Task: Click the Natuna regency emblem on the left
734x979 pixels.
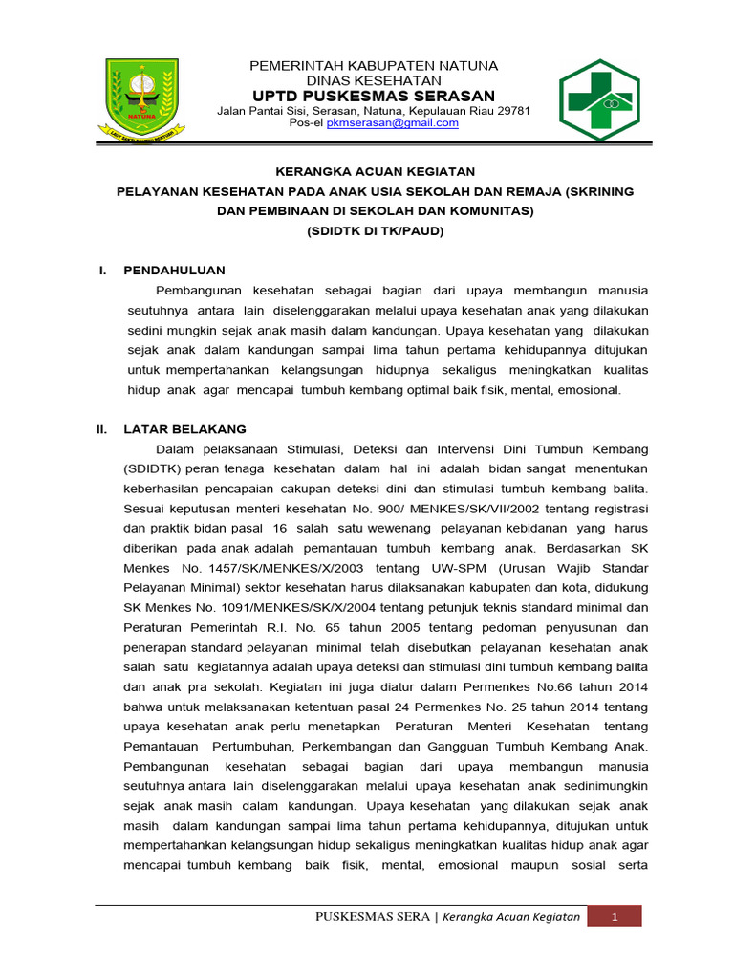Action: [140, 96]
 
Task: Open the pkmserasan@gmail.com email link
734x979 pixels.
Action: [392, 123]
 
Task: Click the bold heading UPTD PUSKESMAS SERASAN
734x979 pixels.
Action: [374, 96]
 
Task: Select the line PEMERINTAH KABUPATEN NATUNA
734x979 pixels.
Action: [374, 65]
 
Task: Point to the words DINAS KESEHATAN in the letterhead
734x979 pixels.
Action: [374, 80]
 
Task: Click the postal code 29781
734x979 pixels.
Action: [512, 110]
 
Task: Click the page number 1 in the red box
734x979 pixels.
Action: [615, 917]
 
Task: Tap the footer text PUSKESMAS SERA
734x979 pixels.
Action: [372, 917]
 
